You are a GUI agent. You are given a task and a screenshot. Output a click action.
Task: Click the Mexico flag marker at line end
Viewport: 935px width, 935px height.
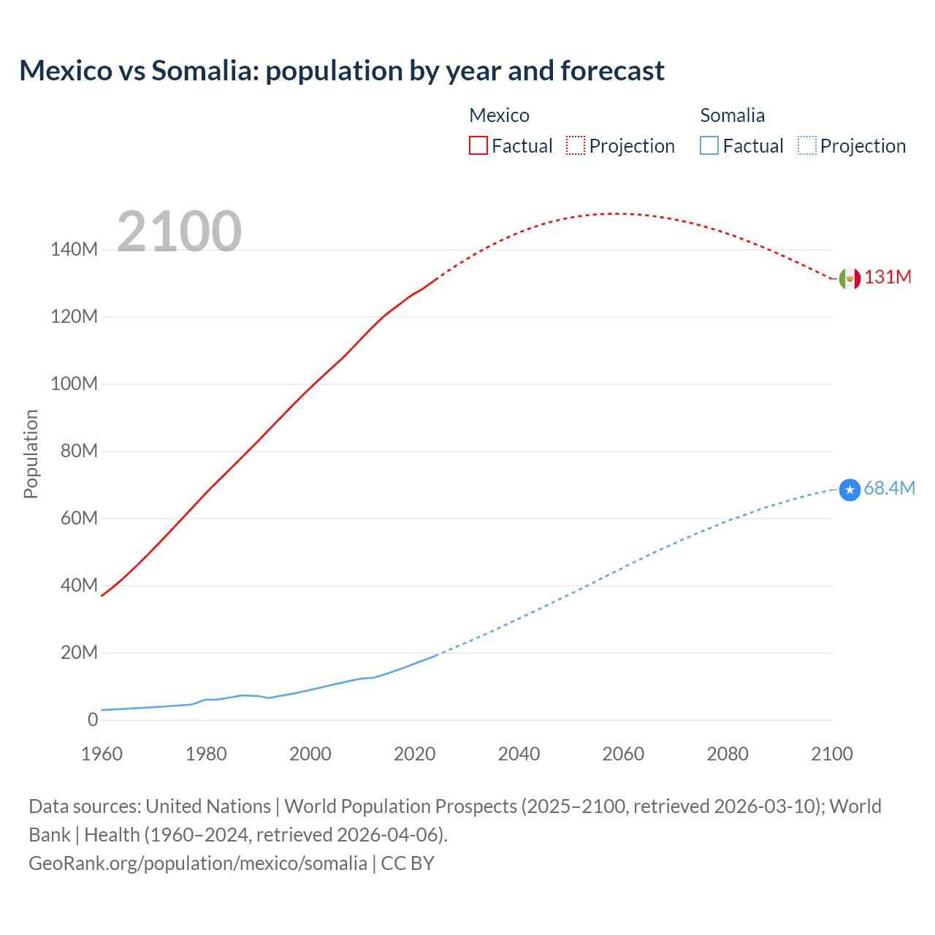pyautogui.click(x=850, y=278)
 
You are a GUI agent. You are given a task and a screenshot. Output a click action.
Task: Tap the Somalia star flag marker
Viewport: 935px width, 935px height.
pyautogui.click(x=850, y=489)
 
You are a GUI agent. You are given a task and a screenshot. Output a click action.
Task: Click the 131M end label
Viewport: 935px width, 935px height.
pyautogui.click(x=888, y=278)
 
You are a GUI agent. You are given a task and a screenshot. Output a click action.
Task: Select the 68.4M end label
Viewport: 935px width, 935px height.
pyautogui.click(x=889, y=489)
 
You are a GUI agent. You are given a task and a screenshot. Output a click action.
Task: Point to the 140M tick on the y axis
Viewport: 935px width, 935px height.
pyautogui.click(x=74, y=250)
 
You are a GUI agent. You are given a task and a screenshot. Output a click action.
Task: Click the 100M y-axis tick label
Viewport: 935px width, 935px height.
pyautogui.click(x=74, y=384)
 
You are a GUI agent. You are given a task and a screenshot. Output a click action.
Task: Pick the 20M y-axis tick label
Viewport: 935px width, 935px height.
pyautogui.click(x=79, y=653)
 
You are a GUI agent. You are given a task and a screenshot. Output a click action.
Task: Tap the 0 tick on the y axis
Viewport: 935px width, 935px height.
pyautogui.click(x=93, y=720)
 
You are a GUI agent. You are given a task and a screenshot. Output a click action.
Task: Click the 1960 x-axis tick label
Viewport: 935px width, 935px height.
pyautogui.click(x=102, y=755)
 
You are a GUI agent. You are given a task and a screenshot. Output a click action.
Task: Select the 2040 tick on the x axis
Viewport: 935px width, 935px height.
pyautogui.click(x=519, y=755)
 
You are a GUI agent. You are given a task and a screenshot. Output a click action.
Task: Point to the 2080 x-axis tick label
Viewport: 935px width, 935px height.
pyautogui.click(x=728, y=755)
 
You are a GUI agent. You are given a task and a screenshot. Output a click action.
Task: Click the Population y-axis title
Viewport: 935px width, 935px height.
pyautogui.click(x=31, y=454)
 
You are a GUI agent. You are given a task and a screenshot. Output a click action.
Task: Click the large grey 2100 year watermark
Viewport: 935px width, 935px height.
pyautogui.click(x=179, y=232)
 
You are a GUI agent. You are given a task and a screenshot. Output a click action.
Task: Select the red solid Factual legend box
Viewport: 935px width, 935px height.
pyautogui.click(x=478, y=146)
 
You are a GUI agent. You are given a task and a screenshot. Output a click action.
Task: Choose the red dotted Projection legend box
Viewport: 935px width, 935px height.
pyautogui.click(x=576, y=146)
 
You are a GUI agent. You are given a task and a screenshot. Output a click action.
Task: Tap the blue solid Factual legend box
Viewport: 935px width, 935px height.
pyautogui.click(x=709, y=146)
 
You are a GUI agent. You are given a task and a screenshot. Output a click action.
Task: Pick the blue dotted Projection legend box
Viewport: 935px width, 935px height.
pyautogui.click(x=807, y=146)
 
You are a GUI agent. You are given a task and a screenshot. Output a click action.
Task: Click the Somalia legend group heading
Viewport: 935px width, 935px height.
pyautogui.click(x=732, y=115)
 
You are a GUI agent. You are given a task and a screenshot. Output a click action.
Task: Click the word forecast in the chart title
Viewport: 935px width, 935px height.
pyautogui.click(x=613, y=71)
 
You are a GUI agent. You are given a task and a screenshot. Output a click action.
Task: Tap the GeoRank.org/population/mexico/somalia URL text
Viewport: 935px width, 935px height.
pyautogui.click(x=198, y=863)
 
